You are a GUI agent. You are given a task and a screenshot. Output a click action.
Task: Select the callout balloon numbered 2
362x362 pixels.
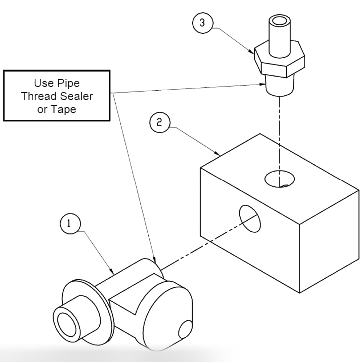tap(159, 122)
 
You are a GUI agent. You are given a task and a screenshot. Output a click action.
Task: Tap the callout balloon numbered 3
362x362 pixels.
tap(202, 22)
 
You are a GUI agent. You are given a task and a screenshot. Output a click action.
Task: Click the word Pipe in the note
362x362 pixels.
tap(68, 83)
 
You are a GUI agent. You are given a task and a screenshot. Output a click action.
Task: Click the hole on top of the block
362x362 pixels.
tap(280, 179)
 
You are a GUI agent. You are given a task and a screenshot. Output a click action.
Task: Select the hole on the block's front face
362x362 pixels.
tap(250, 218)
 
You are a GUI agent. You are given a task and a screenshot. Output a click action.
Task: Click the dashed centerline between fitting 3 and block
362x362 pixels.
tap(280, 135)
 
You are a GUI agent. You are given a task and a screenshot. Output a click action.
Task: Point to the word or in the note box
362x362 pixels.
tap(42, 109)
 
